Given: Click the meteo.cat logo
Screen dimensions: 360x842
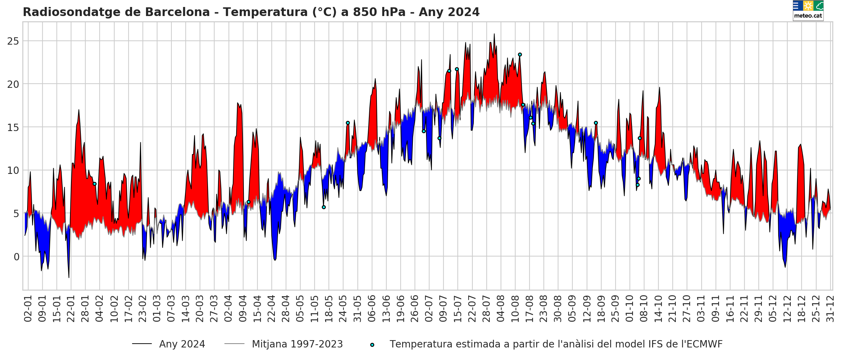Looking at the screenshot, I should coord(808,10).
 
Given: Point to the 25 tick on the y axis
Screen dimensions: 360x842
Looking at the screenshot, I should coord(13,41).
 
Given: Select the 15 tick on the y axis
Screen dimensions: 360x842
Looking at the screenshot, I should coord(13,128).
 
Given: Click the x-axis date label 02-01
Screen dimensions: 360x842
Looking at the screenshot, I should coord(28,309).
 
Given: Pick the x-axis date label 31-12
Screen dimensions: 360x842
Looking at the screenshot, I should coord(831,309).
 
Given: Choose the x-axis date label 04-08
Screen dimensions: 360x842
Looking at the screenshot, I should coord(501,309).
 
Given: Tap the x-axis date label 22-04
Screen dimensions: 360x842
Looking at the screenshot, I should coord(272,309).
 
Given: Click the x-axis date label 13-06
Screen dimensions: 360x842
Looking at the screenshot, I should coord(386,309).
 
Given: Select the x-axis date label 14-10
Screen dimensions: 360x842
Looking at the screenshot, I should coord(658,309).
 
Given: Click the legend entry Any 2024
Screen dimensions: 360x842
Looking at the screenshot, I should coord(182,344).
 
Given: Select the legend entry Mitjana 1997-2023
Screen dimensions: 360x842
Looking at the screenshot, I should coord(297,344).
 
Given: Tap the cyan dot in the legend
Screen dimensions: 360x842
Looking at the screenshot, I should coord(372,345).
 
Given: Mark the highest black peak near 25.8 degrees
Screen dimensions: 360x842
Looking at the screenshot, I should coord(494,34).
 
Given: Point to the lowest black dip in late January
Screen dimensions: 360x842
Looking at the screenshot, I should coord(69,277).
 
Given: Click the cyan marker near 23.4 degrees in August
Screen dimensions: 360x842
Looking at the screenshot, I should coord(520,54).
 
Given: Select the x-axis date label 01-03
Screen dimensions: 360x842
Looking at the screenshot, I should coord(157,309).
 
